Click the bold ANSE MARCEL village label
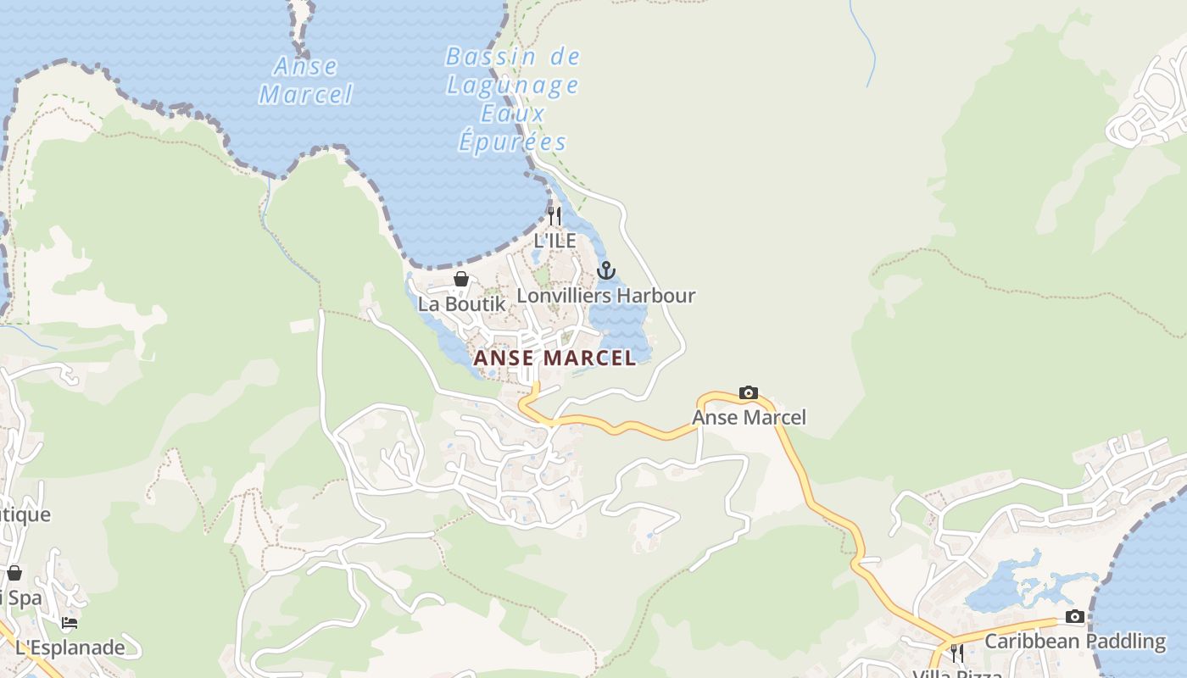(x=554, y=358)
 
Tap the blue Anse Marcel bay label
(x=305, y=80)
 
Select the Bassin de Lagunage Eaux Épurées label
(x=512, y=99)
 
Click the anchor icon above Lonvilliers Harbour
(x=605, y=270)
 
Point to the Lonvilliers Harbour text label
(x=605, y=296)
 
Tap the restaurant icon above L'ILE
(x=554, y=215)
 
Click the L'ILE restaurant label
(x=554, y=241)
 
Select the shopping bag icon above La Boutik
(x=461, y=279)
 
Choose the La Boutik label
(x=461, y=303)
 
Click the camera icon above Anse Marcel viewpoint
(x=749, y=392)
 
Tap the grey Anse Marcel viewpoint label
(x=749, y=417)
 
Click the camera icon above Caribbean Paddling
(x=1075, y=616)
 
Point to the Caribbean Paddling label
(x=1075, y=642)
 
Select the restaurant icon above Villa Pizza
(x=956, y=653)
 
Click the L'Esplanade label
(x=70, y=648)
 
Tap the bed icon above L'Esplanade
(x=70, y=623)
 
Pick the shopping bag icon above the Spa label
(x=14, y=573)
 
